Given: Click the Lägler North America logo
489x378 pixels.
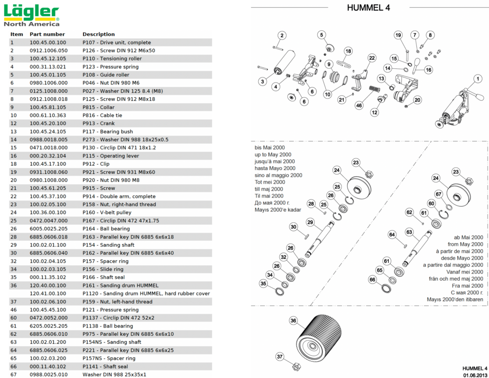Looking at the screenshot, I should [x=32, y=16].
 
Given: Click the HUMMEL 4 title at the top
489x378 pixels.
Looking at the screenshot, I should [x=368, y=8].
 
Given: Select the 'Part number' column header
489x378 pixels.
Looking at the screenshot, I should [x=47, y=34].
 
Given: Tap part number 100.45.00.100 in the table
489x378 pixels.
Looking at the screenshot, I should [x=48, y=42].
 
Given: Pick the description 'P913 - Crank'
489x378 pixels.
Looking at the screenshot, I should [x=98, y=123].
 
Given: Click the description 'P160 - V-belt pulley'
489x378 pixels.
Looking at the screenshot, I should [x=107, y=212].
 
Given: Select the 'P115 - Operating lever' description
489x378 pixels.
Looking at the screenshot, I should [x=111, y=156].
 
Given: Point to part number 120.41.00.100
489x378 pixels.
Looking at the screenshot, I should [x=48, y=293].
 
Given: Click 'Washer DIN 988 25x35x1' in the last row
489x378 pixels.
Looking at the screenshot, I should [x=114, y=375].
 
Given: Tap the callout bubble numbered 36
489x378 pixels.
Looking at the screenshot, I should [x=293, y=321].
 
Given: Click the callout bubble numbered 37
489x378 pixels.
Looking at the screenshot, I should [x=280, y=357].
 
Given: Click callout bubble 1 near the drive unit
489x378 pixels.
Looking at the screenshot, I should [x=478, y=79].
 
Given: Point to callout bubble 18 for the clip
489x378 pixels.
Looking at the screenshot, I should [x=348, y=51].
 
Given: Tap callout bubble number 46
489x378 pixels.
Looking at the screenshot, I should [x=359, y=105].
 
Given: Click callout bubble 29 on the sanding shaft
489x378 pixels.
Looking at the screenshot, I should [x=310, y=222].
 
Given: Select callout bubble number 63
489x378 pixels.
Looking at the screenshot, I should [x=409, y=232].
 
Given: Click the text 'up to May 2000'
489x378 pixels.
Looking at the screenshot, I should [x=273, y=154].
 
